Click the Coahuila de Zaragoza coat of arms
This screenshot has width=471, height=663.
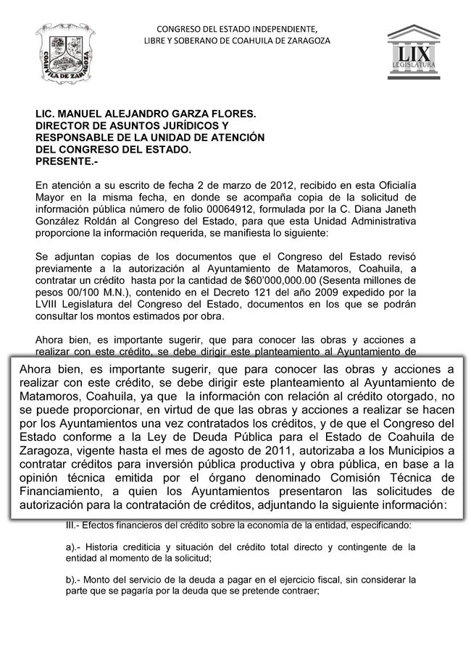[x=64, y=54]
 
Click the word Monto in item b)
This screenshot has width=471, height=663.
[x=104, y=579]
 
